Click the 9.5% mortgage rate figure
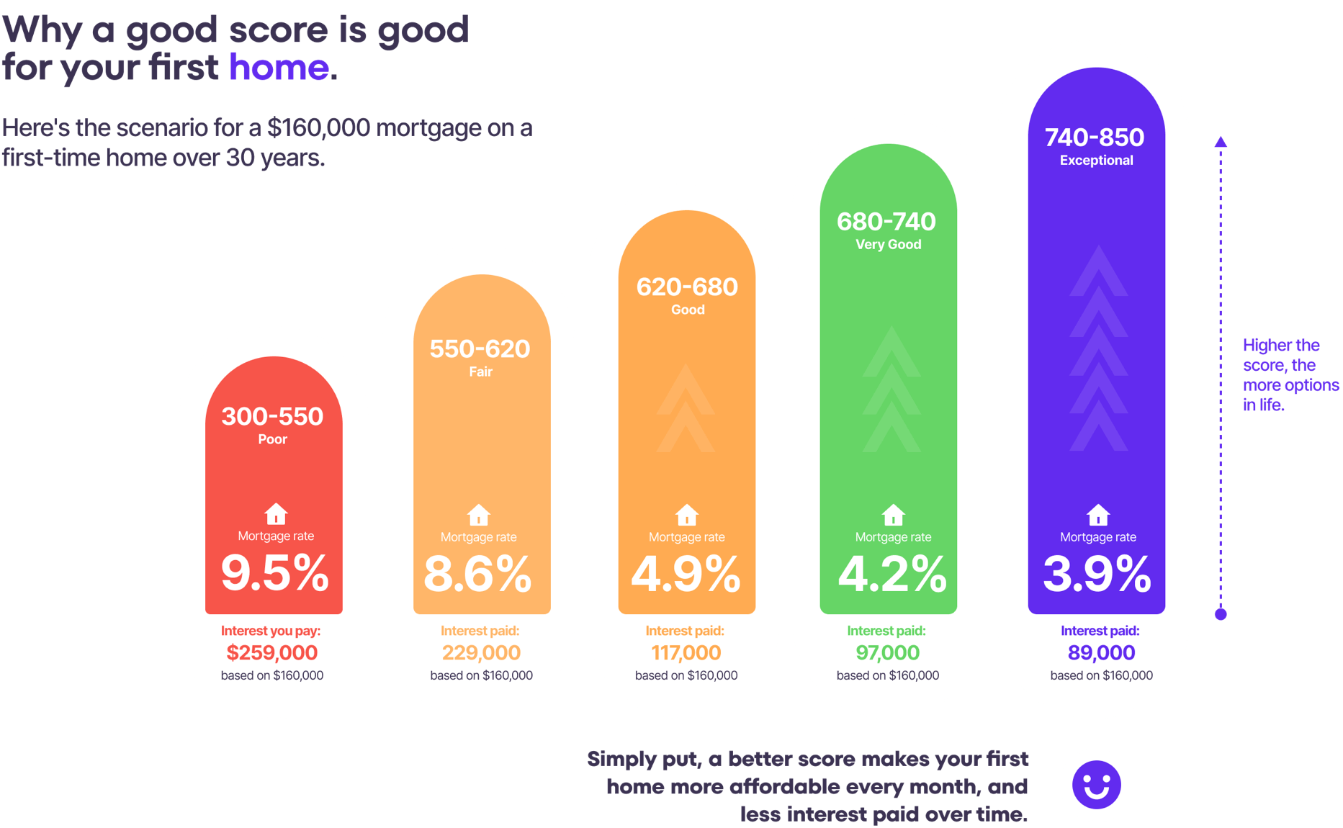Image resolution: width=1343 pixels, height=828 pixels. point(274,574)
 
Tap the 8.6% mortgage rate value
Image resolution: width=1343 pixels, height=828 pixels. point(477,575)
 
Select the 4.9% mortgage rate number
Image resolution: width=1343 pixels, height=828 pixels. point(686,575)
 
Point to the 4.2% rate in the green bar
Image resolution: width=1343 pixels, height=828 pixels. point(892,575)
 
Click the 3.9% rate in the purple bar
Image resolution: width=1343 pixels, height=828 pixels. point(1097,575)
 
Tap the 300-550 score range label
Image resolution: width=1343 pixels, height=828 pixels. point(272,416)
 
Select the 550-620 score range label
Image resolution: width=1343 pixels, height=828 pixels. point(480,349)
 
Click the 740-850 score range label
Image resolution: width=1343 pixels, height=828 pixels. point(1095,138)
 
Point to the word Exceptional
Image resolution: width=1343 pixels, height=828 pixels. point(1096,161)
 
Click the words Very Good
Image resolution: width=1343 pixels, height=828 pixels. point(888,245)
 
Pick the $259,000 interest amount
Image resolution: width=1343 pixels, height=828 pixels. point(271,653)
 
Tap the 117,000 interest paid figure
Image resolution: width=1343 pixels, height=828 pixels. point(686,653)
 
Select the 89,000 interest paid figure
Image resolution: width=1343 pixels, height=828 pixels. point(1101,653)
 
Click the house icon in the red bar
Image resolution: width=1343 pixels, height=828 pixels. point(276,514)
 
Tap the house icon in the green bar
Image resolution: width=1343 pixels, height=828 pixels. point(893,515)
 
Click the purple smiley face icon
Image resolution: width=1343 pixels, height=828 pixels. point(1096,785)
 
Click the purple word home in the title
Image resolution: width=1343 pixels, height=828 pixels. point(279,68)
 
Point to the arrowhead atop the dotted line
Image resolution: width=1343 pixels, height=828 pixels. point(1221,141)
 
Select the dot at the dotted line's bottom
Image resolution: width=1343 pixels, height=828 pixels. point(1221,614)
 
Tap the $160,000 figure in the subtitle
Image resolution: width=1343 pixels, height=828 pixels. point(318,128)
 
